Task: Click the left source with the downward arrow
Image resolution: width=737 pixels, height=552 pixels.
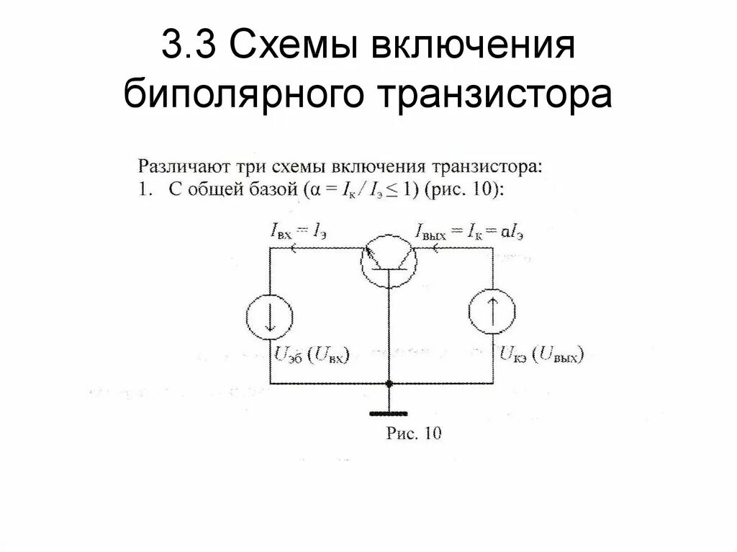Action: point(269,316)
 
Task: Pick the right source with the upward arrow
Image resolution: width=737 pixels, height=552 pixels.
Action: point(493,314)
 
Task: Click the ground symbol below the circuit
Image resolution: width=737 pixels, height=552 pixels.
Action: point(389,414)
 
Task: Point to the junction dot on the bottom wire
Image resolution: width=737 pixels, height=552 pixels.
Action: point(389,384)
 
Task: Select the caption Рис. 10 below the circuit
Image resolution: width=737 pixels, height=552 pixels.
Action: point(414,433)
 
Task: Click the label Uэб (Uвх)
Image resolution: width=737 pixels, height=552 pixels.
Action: point(311,355)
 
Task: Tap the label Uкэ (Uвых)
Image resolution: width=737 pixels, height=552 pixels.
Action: point(540,355)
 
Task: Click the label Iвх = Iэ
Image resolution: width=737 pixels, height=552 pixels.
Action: point(303,230)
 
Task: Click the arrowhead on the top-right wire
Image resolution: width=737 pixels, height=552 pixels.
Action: point(437,249)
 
